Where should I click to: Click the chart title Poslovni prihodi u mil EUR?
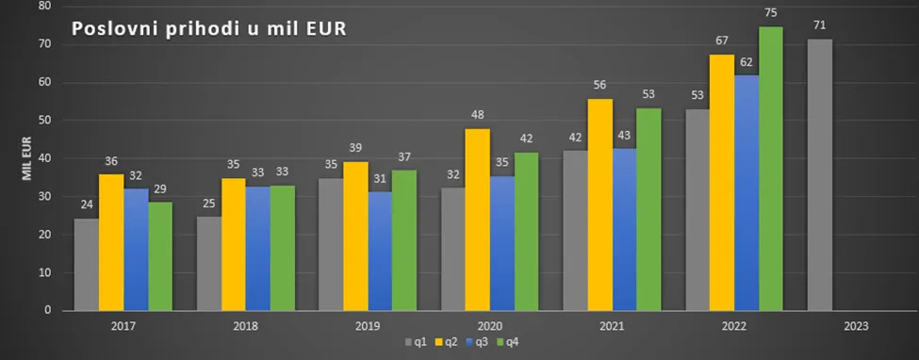click(x=208, y=29)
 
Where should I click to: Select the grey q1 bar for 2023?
click(x=819, y=174)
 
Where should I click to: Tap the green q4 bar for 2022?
click(x=771, y=169)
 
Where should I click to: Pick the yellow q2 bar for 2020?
click(x=478, y=220)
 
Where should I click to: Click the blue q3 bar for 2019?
click(x=380, y=251)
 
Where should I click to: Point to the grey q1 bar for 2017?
click(x=87, y=265)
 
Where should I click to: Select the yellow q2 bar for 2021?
click(x=599, y=205)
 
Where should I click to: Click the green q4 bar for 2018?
click(x=283, y=248)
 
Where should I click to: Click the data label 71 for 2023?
click(x=819, y=25)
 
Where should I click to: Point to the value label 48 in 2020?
click(x=478, y=115)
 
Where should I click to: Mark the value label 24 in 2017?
click(x=87, y=205)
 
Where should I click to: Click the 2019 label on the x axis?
click(x=368, y=326)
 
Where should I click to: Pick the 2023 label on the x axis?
click(x=856, y=326)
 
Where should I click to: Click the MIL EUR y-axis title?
click(x=27, y=158)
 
